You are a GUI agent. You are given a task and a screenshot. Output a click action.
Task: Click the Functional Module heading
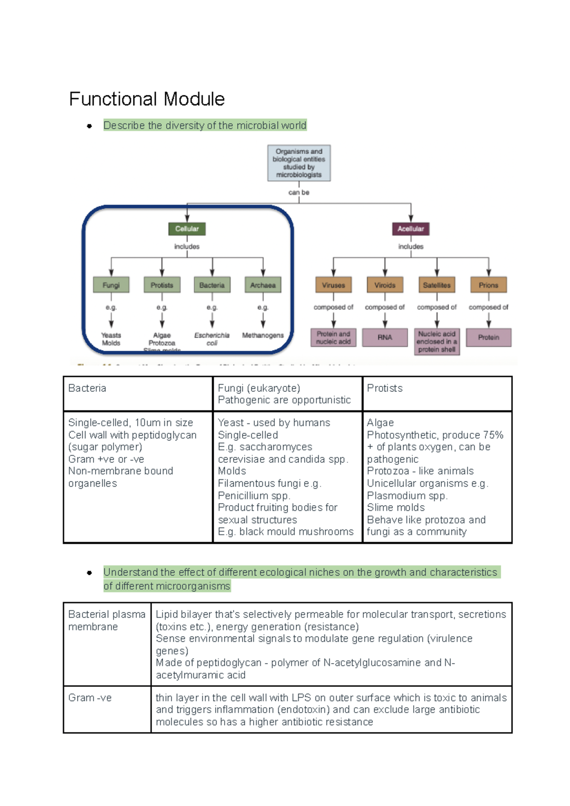[x=147, y=99]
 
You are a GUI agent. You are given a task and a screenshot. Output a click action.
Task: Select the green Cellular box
[x=187, y=229]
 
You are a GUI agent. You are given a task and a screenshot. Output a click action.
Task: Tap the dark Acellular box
[x=410, y=229]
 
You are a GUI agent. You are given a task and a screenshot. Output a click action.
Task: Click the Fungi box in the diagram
[x=111, y=285]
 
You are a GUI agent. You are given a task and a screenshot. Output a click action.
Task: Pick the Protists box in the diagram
[x=162, y=285]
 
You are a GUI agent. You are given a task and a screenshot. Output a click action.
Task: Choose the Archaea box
[x=263, y=285]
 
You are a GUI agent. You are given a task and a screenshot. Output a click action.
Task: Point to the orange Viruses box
[x=333, y=285]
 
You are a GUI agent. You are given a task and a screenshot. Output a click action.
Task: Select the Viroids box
[x=385, y=285]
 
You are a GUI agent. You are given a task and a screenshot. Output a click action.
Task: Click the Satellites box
[x=437, y=285]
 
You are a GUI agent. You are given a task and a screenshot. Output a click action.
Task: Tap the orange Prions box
[x=488, y=285]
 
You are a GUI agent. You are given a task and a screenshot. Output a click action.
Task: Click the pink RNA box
[x=385, y=337]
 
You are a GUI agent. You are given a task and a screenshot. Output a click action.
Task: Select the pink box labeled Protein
[x=488, y=337]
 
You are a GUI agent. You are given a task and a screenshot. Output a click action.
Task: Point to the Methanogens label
[x=263, y=336]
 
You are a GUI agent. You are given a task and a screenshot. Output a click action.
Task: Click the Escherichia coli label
[x=212, y=339]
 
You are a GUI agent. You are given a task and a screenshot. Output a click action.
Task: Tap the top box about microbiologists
[x=299, y=163]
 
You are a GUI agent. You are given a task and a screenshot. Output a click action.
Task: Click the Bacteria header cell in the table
[x=87, y=388]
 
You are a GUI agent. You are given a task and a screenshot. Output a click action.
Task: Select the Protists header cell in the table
[x=385, y=388]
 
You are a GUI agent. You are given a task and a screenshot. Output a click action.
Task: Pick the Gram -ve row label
[x=90, y=698]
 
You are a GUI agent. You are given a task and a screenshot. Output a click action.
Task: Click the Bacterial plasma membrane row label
[x=106, y=620]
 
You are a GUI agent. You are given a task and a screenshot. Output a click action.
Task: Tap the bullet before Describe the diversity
[x=89, y=126]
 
